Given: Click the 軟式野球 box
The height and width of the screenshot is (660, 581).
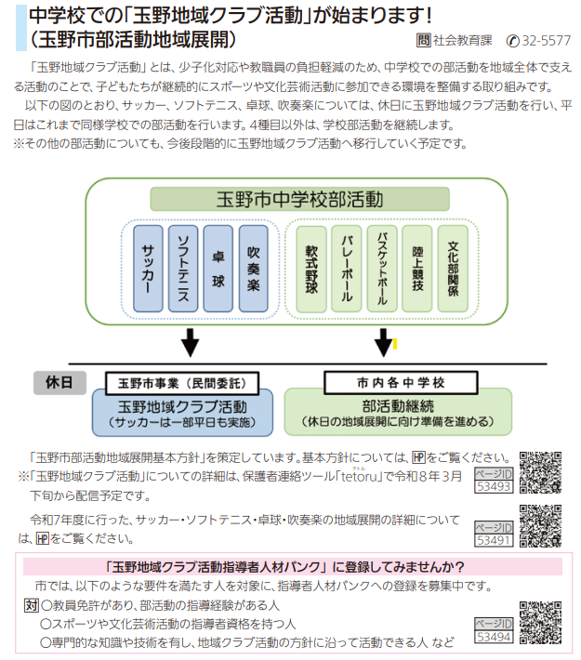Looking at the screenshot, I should point(311,270).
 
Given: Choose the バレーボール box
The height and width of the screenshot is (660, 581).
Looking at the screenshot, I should point(347,270).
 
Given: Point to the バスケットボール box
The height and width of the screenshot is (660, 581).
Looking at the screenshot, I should point(382,270).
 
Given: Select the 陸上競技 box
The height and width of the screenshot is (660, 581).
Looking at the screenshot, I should point(417,270).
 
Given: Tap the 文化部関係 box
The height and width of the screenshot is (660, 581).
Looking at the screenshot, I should point(453,270).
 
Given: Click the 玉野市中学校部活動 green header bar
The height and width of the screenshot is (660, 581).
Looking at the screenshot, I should point(299,199).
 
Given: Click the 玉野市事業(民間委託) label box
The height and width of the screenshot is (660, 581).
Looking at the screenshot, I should point(181,382).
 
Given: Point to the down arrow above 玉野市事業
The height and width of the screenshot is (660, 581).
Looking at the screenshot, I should point(191,342).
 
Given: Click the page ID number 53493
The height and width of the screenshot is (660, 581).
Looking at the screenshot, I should point(494,485).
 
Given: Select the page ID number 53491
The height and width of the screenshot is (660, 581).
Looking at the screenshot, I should point(494,539).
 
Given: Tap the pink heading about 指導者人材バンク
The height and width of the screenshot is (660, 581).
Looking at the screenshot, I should point(290,566).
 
